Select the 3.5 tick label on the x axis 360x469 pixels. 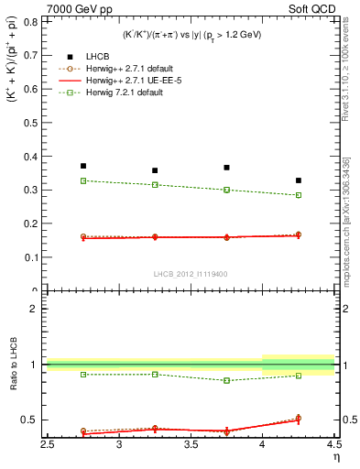(191, 446)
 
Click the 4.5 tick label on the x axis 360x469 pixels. (334, 446)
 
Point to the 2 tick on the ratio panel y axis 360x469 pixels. (37, 309)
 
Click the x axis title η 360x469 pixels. (335, 458)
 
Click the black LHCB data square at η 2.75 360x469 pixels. (83, 166)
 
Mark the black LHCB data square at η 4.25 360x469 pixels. (299, 180)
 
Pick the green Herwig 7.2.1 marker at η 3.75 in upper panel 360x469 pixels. (226, 190)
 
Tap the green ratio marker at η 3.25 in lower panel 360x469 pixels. (155, 374)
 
